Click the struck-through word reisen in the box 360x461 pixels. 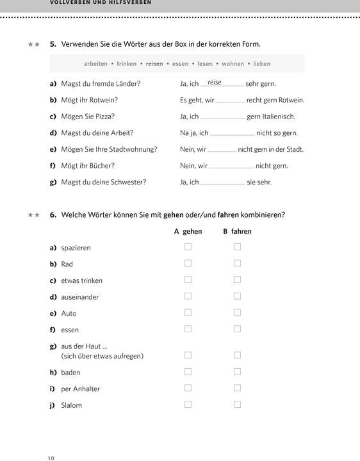pyautogui.click(x=154, y=64)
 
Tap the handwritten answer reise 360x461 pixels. pyautogui.click(x=215, y=83)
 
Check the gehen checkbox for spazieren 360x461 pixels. pyautogui.click(x=188, y=247)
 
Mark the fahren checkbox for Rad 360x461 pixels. pyautogui.click(x=237, y=263)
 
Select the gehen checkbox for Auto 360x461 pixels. pyautogui.click(x=188, y=312)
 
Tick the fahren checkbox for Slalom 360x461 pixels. pyautogui.click(x=237, y=404)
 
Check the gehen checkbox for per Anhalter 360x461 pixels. pyautogui.click(x=188, y=388)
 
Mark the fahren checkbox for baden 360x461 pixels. pyautogui.click(x=237, y=371)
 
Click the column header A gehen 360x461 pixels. pyautogui.click(x=188, y=231)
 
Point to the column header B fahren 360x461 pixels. pyautogui.click(x=237, y=231)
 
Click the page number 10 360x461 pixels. pyautogui.click(x=51, y=458)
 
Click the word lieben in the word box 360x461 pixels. pyautogui.click(x=261, y=64)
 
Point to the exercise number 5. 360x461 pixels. pyautogui.click(x=53, y=44)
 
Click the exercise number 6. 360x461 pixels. pyautogui.click(x=53, y=214)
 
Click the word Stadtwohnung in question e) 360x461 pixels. pyautogui.click(x=133, y=149)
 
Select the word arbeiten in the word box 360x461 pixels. pyautogui.click(x=95, y=64)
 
